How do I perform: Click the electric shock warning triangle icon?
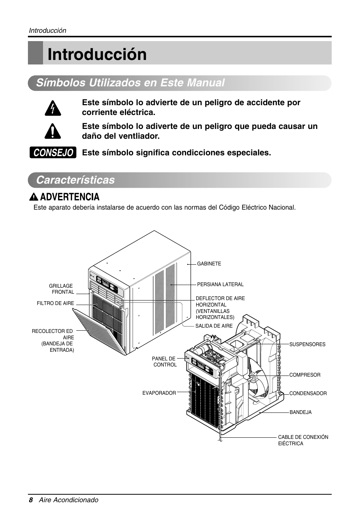(x=52, y=108)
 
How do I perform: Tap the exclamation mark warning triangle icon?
(x=52, y=132)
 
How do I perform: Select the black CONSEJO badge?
(x=53, y=153)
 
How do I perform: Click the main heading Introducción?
(x=97, y=54)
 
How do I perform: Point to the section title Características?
(x=75, y=180)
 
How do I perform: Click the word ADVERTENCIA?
(x=69, y=197)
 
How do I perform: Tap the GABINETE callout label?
(x=209, y=264)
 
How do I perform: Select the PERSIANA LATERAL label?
(x=220, y=285)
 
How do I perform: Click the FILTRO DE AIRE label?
(x=55, y=303)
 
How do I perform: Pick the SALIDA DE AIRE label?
(x=214, y=326)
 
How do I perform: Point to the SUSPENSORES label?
(x=307, y=345)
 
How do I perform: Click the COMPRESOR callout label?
(x=305, y=375)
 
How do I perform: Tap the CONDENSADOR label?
(x=308, y=394)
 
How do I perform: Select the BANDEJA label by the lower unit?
(x=301, y=412)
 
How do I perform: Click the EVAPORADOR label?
(x=159, y=393)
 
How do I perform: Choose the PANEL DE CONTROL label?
(x=164, y=362)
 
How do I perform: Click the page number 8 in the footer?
(x=31, y=500)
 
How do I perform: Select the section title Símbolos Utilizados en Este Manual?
(x=130, y=83)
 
